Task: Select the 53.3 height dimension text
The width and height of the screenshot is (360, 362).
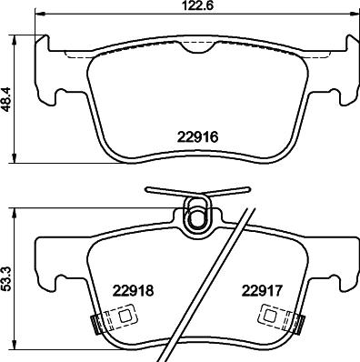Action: (7, 279)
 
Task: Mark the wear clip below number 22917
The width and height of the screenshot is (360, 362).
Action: (273, 317)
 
